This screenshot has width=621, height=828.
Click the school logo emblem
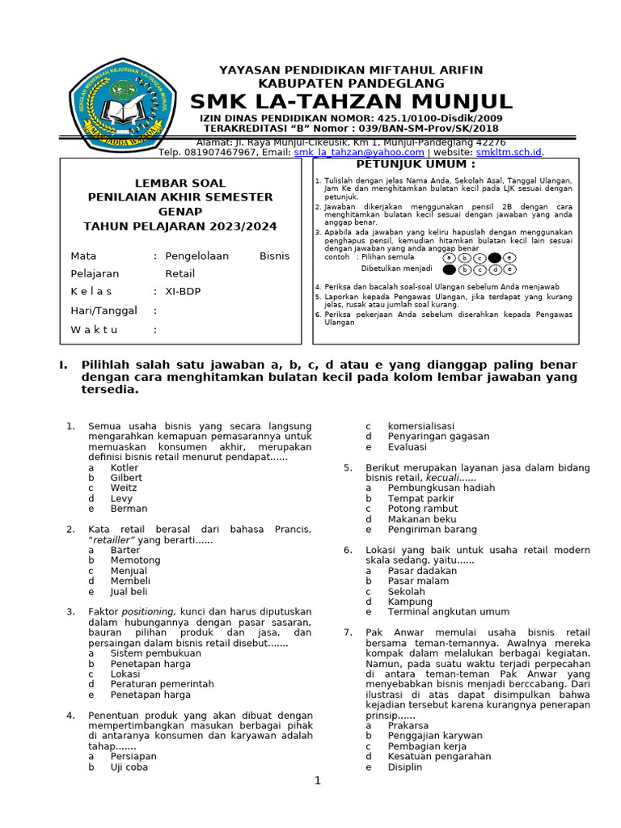click(x=124, y=104)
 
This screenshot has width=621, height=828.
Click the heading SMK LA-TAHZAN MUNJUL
click(x=351, y=102)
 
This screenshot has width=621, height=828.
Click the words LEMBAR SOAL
click(x=180, y=184)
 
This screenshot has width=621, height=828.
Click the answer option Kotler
click(x=125, y=467)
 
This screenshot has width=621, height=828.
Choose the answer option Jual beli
click(x=129, y=591)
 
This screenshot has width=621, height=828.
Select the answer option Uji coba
click(x=129, y=767)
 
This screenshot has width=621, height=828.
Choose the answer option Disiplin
click(x=404, y=767)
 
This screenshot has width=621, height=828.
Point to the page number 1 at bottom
click(x=318, y=781)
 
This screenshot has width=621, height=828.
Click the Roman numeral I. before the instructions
click(x=62, y=365)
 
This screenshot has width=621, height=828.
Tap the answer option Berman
click(x=129, y=509)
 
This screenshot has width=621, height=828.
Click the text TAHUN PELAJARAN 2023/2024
click(x=180, y=226)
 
